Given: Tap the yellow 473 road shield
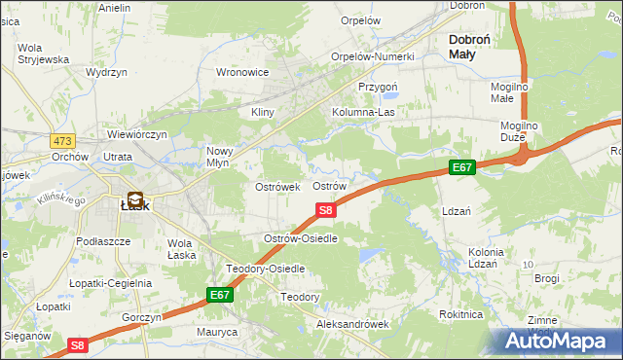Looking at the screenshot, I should [64, 141].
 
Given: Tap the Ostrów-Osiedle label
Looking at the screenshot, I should [301, 238].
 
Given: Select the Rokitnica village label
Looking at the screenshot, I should [460, 314].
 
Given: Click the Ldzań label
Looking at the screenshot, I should [457, 211].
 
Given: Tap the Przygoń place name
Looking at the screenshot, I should [378, 86].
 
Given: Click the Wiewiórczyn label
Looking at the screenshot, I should [137, 134].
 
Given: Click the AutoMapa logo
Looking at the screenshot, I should [561, 342].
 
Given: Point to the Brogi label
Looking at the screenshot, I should [547, 278].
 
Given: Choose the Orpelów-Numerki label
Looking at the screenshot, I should [373, 56].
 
